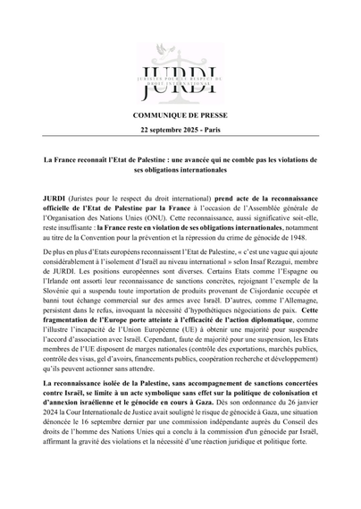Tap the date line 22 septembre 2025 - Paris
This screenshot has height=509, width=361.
pos(180,130)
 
